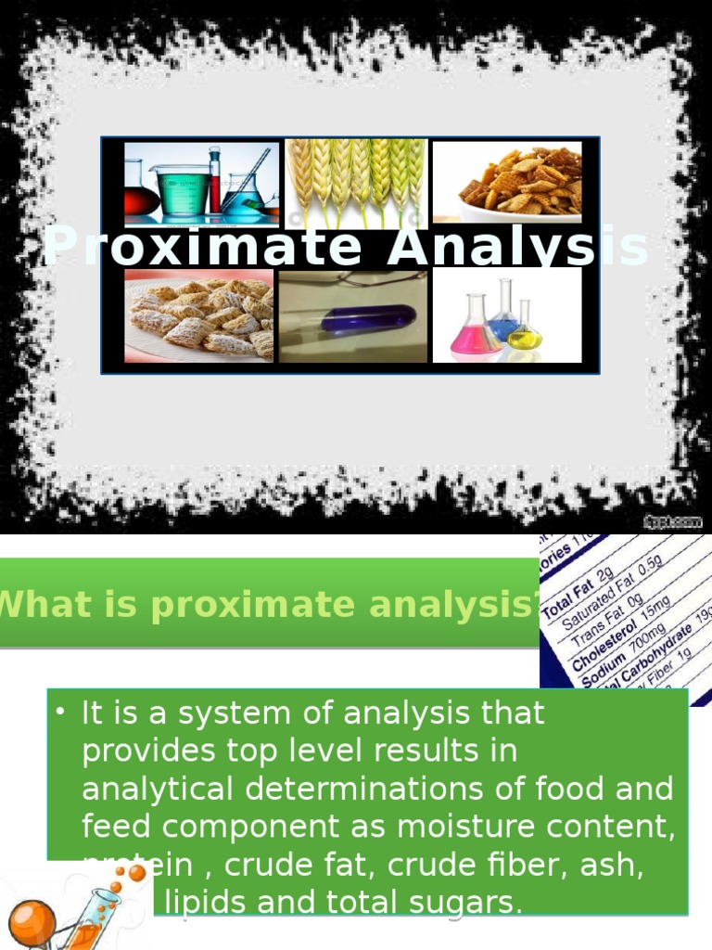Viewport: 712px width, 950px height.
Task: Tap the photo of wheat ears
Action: click(355, 181)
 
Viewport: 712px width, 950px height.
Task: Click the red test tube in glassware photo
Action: click(215, 181)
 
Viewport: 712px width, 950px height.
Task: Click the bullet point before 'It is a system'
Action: click(60, 712)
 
